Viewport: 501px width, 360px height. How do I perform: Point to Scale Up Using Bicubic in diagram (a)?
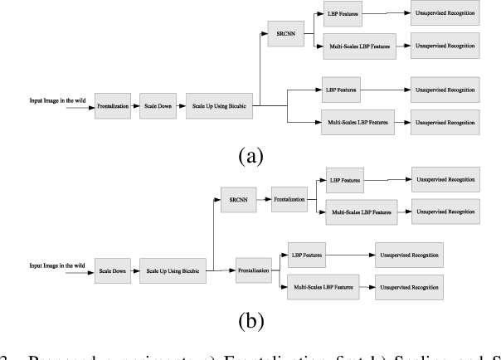pyautogui.click(x=220, y=107)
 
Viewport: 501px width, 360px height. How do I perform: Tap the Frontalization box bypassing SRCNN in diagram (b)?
pyautogui.click(x=252, y=270)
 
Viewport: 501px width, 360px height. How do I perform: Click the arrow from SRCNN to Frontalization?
pyautogui.click(x=265, y=200)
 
